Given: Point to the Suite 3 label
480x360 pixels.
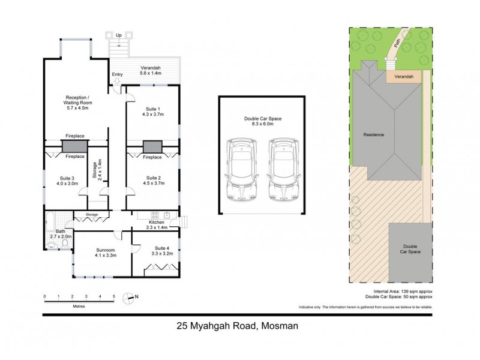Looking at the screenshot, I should (x=67, y=178).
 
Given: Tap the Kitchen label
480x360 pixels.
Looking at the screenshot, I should (x=157, y=223).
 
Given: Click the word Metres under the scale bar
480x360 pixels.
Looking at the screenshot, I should (x=79, y=307).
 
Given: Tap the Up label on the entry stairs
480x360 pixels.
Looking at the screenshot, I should (x=119, y=35).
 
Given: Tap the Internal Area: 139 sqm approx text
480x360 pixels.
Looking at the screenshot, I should (x=398, y=291).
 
